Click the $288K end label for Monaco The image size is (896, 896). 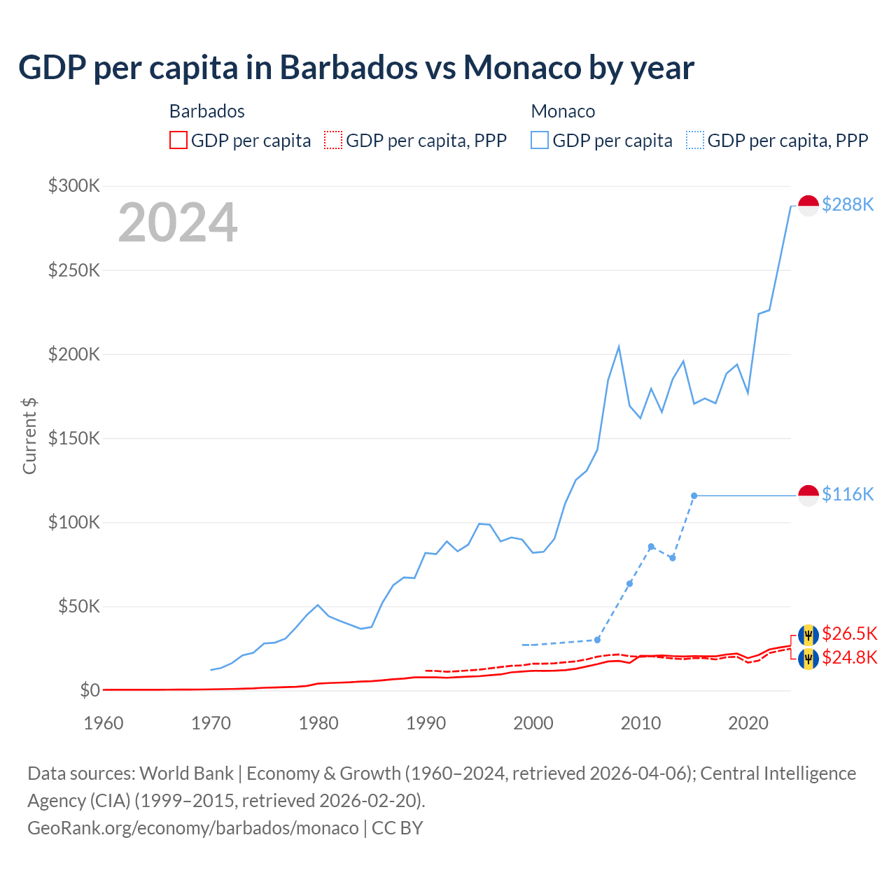[848, 204]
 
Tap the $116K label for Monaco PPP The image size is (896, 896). [848, 494]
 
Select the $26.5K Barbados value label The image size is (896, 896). [849, 633]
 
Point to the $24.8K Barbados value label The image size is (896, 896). [849, 657]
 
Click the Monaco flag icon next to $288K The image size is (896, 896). [808, 206]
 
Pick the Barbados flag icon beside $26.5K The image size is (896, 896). [808, 635]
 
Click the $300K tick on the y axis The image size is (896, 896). [74, 185]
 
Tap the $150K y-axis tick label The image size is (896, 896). [74, 438]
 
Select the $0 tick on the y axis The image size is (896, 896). [90, 690]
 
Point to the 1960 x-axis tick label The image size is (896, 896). [104, 723]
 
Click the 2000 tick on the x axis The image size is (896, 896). [533, 723]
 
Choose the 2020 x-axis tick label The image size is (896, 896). [748, 723]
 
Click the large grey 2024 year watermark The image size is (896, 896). [178, 223]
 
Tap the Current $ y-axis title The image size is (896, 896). [29, 435]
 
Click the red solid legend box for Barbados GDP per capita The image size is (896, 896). [178, 140]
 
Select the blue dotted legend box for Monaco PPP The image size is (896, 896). [695, 140]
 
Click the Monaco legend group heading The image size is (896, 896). [563, 111]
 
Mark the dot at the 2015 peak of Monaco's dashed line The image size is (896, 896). [694, 496]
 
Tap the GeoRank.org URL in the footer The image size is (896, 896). [193, 827]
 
